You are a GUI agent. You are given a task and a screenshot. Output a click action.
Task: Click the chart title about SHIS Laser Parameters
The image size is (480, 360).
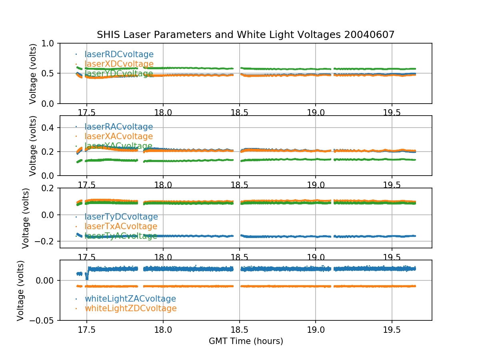click(x=246, y=35)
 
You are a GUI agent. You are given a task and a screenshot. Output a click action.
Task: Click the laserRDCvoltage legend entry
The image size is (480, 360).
click(x=119, y=54)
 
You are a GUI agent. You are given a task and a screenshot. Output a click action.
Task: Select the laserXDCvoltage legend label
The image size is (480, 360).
click(x=119, y=64)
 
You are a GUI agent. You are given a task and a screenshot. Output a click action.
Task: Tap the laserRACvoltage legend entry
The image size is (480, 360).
click(x=118, y=127)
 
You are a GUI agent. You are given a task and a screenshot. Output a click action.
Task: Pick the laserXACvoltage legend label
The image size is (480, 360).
click(x=118, y=136)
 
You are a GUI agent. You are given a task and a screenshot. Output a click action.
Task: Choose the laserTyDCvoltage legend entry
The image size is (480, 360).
click(x=121, y=217)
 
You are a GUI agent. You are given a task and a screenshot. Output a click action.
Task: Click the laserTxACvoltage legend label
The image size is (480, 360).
click(x=121, y=226)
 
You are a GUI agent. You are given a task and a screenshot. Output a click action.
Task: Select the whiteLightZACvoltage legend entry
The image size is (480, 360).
click(x=130, y=299)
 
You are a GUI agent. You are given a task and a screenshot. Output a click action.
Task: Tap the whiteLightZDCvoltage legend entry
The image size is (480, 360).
click(x=130, y=308)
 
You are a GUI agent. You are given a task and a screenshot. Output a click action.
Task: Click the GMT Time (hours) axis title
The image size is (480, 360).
click(x=246, y=341)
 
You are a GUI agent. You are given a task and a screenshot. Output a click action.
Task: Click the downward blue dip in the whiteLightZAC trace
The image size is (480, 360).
click(x=87, y=277)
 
